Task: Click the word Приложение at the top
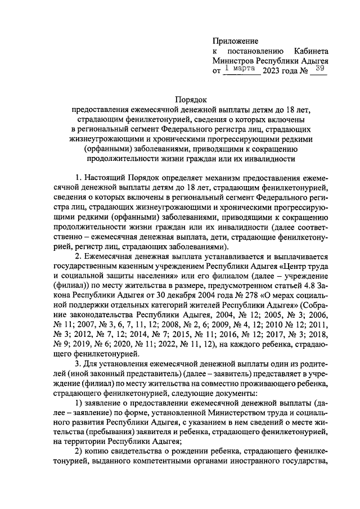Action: (x=235, y=41)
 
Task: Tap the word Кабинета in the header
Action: (x=311, y=51)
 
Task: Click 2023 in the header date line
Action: (x=272, y=71)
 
